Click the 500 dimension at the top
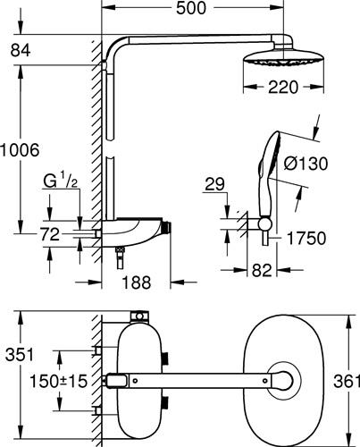pyautogui.click(x=191, y=8)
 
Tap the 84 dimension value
pyautogui.click(x=21, y=50)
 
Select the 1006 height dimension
pyautogui.click(x=20, y=150)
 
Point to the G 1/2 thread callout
pyautogui.click(x=61, y=181)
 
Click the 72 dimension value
pyautogui.click(x=50, y=234)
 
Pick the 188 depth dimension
pyautogui.click(x=137, y=282)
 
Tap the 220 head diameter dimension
pyautogui.click(x=283, y=88)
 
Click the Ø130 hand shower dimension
pyautogui.click(x=306, y=164)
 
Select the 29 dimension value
pyautogui.click(x=215, y=184)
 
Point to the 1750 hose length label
pyautogui.click(x=306, y=239)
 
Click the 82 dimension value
pyautogui.click(x=262, y=270)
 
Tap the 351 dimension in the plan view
pyautogui.click(x=20, y=355)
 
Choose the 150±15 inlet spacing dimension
pyautogui.click(x=58, y=381)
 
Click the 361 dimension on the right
pyautogui.click(x=347, y=381)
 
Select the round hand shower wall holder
pyautogui.click(x=264, y=224)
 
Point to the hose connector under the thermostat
pyautogui.click(x=120, y=258)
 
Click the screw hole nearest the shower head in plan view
pyautogui.click(x=264, y=381)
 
